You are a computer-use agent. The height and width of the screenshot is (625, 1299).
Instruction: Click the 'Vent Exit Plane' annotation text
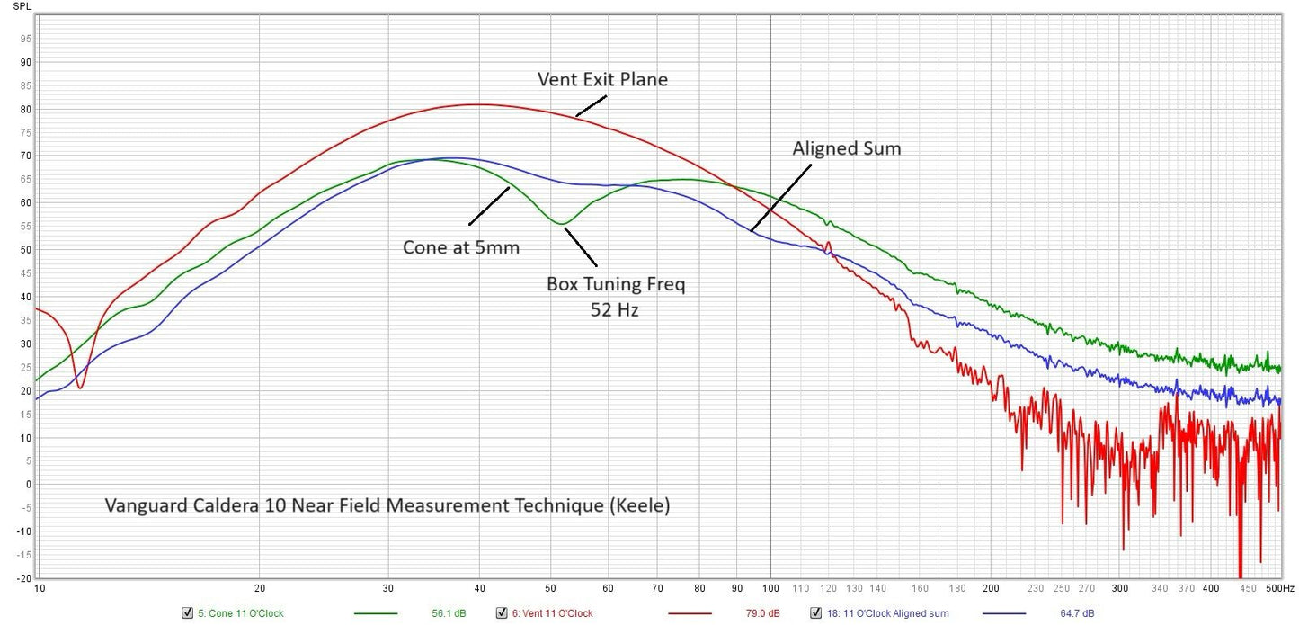(x=602, y=79)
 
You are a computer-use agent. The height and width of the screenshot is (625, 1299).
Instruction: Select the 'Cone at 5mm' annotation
(x=460, y=247)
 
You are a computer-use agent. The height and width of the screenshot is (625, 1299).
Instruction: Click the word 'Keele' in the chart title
(x=637, y=505)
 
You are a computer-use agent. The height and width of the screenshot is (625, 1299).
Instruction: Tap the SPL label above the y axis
(x=22, y=6)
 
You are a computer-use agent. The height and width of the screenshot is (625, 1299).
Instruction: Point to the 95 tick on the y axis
(x=25, y=39)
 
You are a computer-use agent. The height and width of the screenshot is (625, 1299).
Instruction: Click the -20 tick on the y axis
(x=23, y=577)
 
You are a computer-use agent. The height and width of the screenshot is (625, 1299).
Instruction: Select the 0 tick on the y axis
(x=29, y=484)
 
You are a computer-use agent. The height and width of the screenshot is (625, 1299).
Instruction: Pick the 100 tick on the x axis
(x=770, y=588)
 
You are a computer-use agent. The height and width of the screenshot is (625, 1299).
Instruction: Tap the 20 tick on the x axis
(x=259, y=588)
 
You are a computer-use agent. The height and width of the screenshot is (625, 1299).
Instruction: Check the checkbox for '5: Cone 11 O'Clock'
(x=187, y=613)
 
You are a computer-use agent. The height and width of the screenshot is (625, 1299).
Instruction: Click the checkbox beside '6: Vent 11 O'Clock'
(x=502, y=613)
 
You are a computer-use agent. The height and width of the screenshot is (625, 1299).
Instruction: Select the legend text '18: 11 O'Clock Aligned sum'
(x=886, y=613)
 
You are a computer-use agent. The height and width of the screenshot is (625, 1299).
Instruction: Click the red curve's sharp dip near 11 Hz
(x=80, y=388)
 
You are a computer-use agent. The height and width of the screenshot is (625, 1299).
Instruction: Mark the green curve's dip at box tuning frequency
(x=560, y=223)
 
